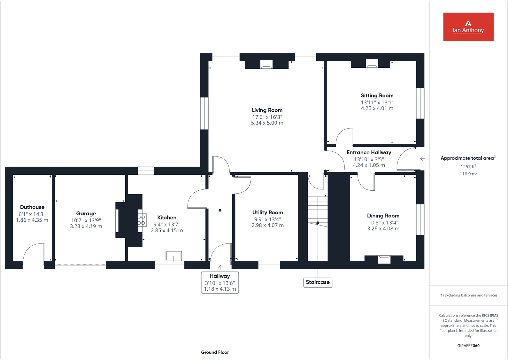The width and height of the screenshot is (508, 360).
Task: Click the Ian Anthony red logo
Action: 468,27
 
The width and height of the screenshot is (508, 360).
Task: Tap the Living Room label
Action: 267,110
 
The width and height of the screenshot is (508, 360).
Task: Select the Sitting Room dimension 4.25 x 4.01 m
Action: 377,109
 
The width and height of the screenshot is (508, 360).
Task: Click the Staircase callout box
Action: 318,282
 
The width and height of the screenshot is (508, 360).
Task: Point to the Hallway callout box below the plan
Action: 220,282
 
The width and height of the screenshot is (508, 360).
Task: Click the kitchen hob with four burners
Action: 142,220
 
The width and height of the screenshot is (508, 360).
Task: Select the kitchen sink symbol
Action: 173,256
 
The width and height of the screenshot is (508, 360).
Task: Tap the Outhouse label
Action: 32,207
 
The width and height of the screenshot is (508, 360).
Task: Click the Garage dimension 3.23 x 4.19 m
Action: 86,226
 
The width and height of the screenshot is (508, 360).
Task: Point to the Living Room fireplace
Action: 266,65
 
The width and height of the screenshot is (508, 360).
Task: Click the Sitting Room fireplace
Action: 372,64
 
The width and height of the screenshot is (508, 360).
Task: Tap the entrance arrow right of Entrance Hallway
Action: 422,159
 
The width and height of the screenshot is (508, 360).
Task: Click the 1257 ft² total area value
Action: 468,167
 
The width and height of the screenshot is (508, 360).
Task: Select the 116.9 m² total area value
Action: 468,174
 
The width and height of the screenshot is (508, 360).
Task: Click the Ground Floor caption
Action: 215,352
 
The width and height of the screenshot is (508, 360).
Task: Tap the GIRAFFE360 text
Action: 468,346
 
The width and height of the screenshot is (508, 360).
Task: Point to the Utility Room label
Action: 267,213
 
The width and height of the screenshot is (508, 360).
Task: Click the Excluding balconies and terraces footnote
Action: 468,295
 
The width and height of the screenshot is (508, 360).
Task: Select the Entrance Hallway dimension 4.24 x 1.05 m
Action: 369,165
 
